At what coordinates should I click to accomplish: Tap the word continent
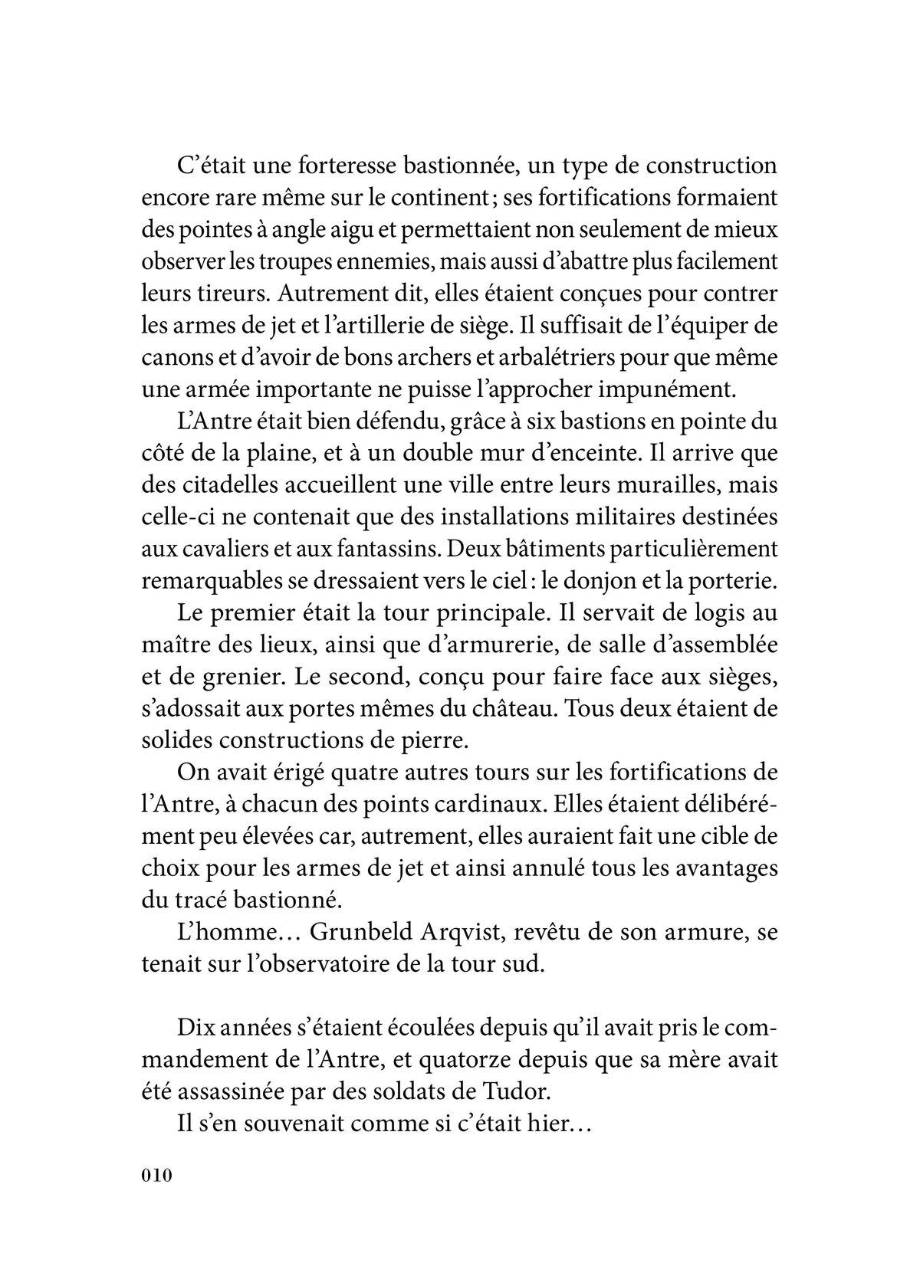433,197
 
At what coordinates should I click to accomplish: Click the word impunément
675,389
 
